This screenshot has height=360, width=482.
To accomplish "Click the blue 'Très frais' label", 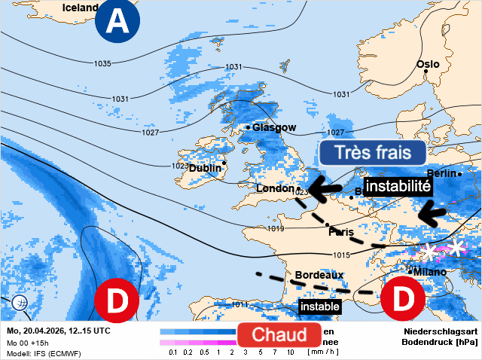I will tap(372, 153).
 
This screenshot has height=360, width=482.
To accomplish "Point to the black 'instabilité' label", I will tap(398, 185).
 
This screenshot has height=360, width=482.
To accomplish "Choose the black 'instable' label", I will tap(319, 307).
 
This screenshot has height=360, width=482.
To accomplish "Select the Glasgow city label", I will tap(274, 127).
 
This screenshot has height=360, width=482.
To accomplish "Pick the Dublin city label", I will tap(204, 169).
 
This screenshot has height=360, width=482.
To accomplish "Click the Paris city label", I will tap(340, 232).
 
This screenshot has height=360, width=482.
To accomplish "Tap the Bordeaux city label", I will tap(319, 276).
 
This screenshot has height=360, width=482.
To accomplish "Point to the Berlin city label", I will tap(447, 173).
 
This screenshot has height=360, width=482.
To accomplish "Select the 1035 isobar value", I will tap(103, 63).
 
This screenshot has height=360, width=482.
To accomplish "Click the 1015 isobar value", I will tap(340, 255).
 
